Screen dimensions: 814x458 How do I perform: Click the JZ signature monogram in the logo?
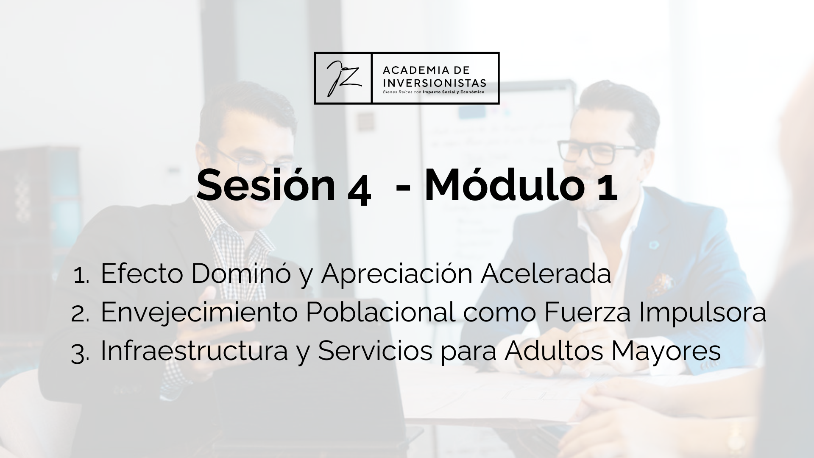coord(343,78)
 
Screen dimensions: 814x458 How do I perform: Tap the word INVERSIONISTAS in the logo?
coord(435,82)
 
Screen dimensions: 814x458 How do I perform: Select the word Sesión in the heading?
coord(266,186)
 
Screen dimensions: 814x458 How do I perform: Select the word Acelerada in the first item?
coord(545,274)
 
